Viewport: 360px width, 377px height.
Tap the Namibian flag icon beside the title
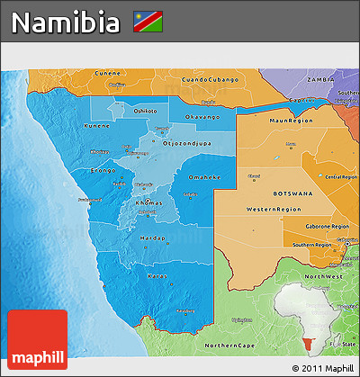point(147,20)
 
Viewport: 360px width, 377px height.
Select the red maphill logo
point(37,339)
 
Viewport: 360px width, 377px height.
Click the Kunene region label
point(97,127)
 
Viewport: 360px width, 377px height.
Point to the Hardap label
point(153,238)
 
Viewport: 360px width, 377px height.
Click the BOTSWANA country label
point(293,193)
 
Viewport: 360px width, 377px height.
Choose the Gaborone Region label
point(328,227)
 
